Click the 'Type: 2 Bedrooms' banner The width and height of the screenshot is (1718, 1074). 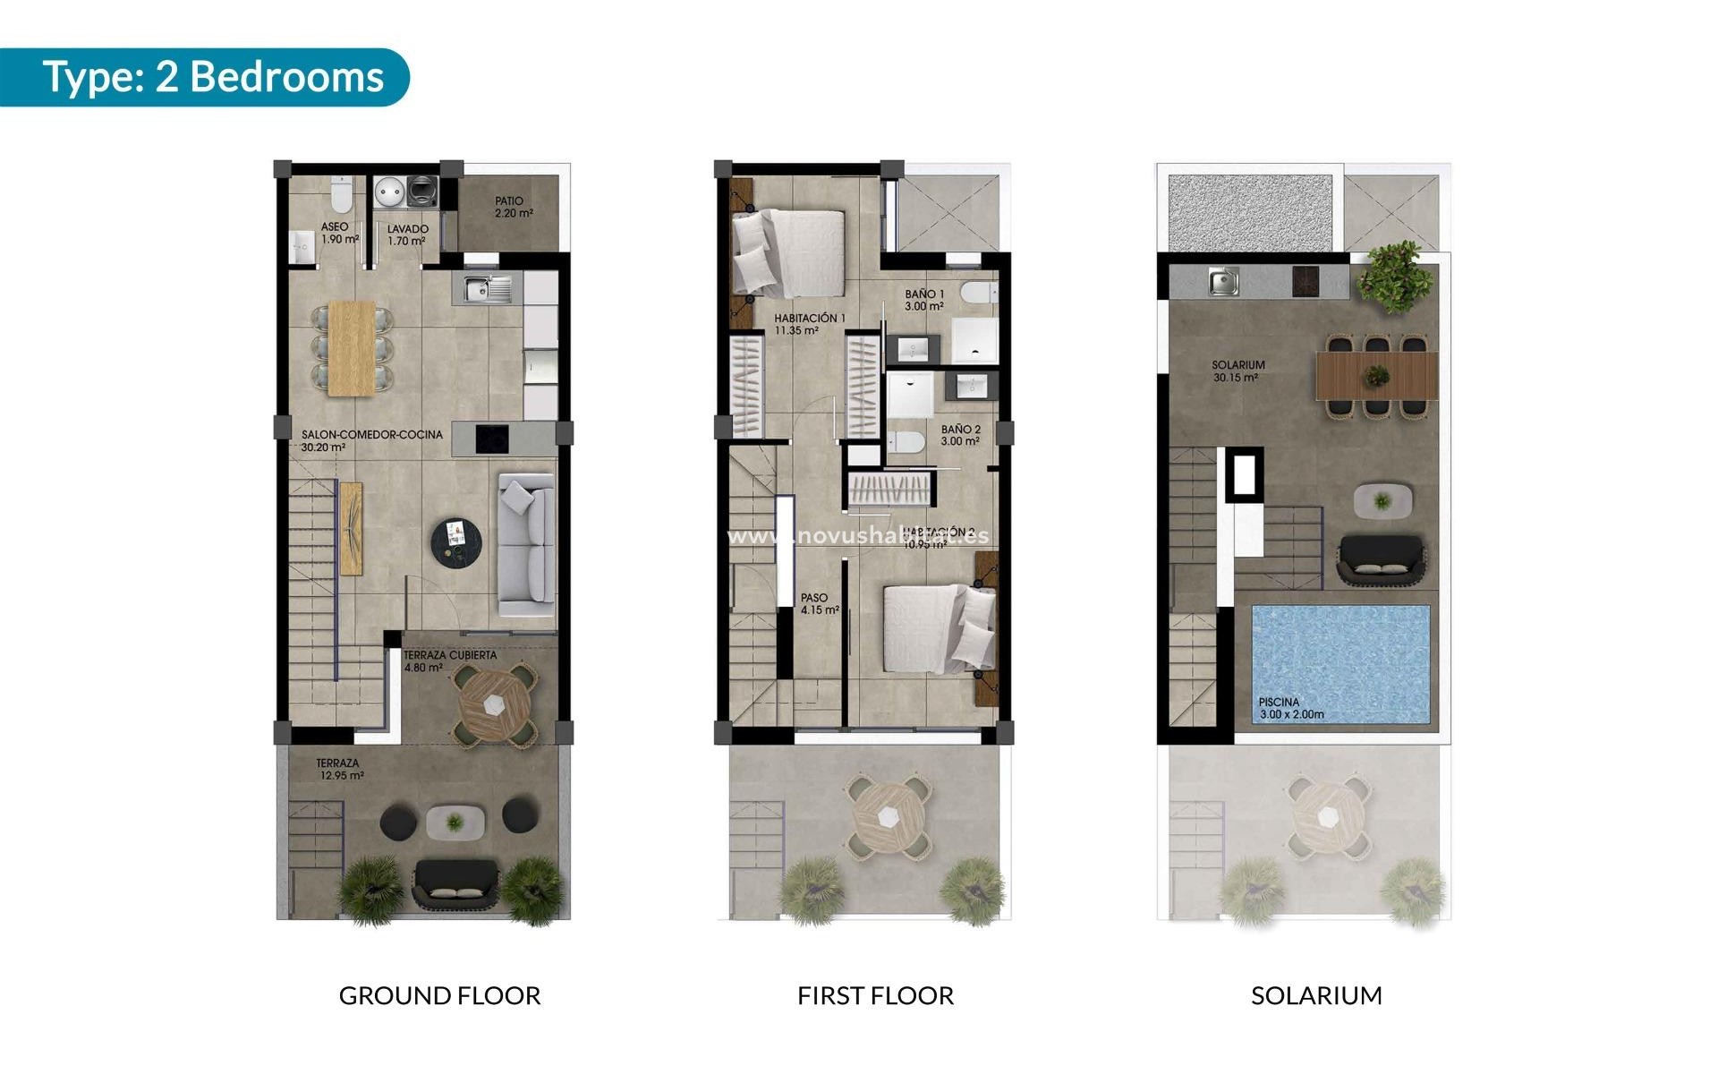coord(213,77)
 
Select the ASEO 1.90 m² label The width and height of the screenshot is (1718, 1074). coord(339,234)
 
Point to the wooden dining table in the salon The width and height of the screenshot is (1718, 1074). coord(352,347)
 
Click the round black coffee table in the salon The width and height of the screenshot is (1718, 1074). coord(456,541)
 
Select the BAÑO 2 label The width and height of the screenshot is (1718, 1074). coord(960,435)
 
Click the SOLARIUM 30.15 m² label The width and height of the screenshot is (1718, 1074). coord(1237,371)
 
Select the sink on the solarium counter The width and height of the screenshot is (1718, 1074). coord(1223,282)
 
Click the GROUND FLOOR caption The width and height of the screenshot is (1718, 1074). coord(439,995)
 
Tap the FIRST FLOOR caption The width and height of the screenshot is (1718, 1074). coord(875,995)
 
